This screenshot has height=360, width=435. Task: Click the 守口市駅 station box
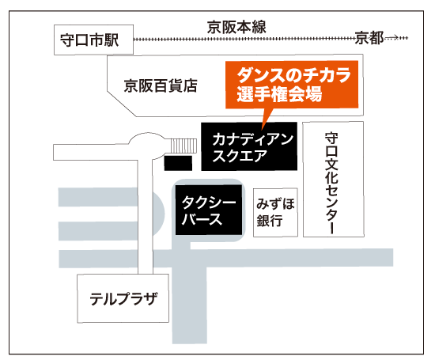93,40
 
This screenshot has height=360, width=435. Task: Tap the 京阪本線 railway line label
236,27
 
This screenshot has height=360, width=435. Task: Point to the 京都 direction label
369,38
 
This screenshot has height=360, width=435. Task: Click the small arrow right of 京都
392,37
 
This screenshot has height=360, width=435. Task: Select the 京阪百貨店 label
161,85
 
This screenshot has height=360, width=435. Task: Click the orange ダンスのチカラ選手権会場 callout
292,85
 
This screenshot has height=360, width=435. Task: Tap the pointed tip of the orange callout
262,130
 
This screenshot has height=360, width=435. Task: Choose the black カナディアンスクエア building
249,146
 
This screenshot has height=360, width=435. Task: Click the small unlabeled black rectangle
178,163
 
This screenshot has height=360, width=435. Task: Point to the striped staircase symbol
183,146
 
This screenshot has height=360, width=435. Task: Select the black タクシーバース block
209,210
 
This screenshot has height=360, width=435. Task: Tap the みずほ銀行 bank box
275,213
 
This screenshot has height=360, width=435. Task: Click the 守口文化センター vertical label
332,184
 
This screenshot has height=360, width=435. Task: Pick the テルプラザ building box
123,298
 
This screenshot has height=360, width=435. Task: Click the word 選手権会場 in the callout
279,94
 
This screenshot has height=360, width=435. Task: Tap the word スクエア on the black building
240,156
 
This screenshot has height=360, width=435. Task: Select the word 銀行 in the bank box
270,221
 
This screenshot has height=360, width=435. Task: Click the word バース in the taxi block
202,219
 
